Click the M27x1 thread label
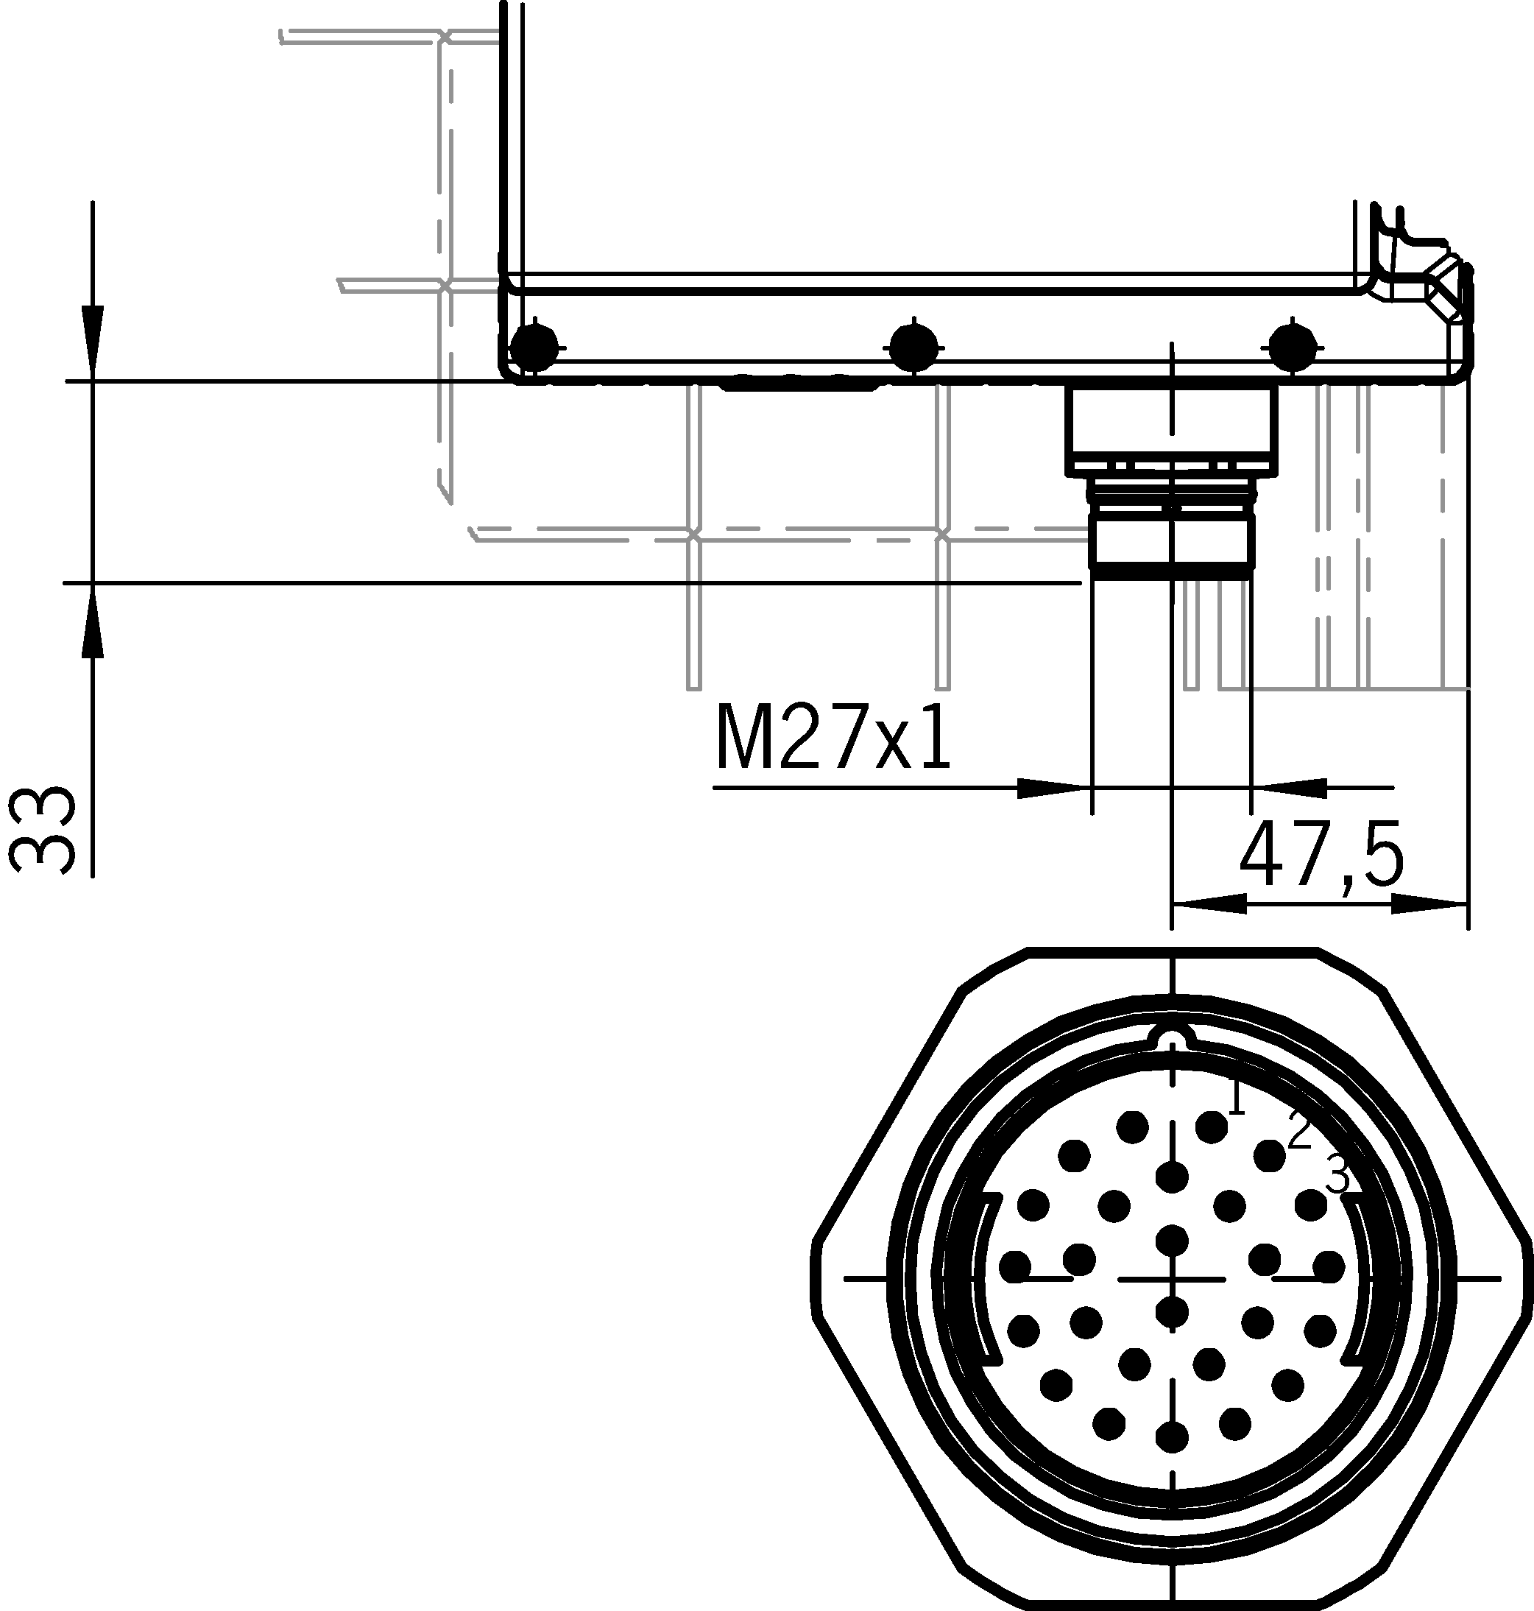[833, 738]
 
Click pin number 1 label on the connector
[1236, 1098]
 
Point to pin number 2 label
[1299, 1131]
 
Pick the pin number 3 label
[1337, 1175]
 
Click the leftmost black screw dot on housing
[534, 348]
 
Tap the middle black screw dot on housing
[914, 348]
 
